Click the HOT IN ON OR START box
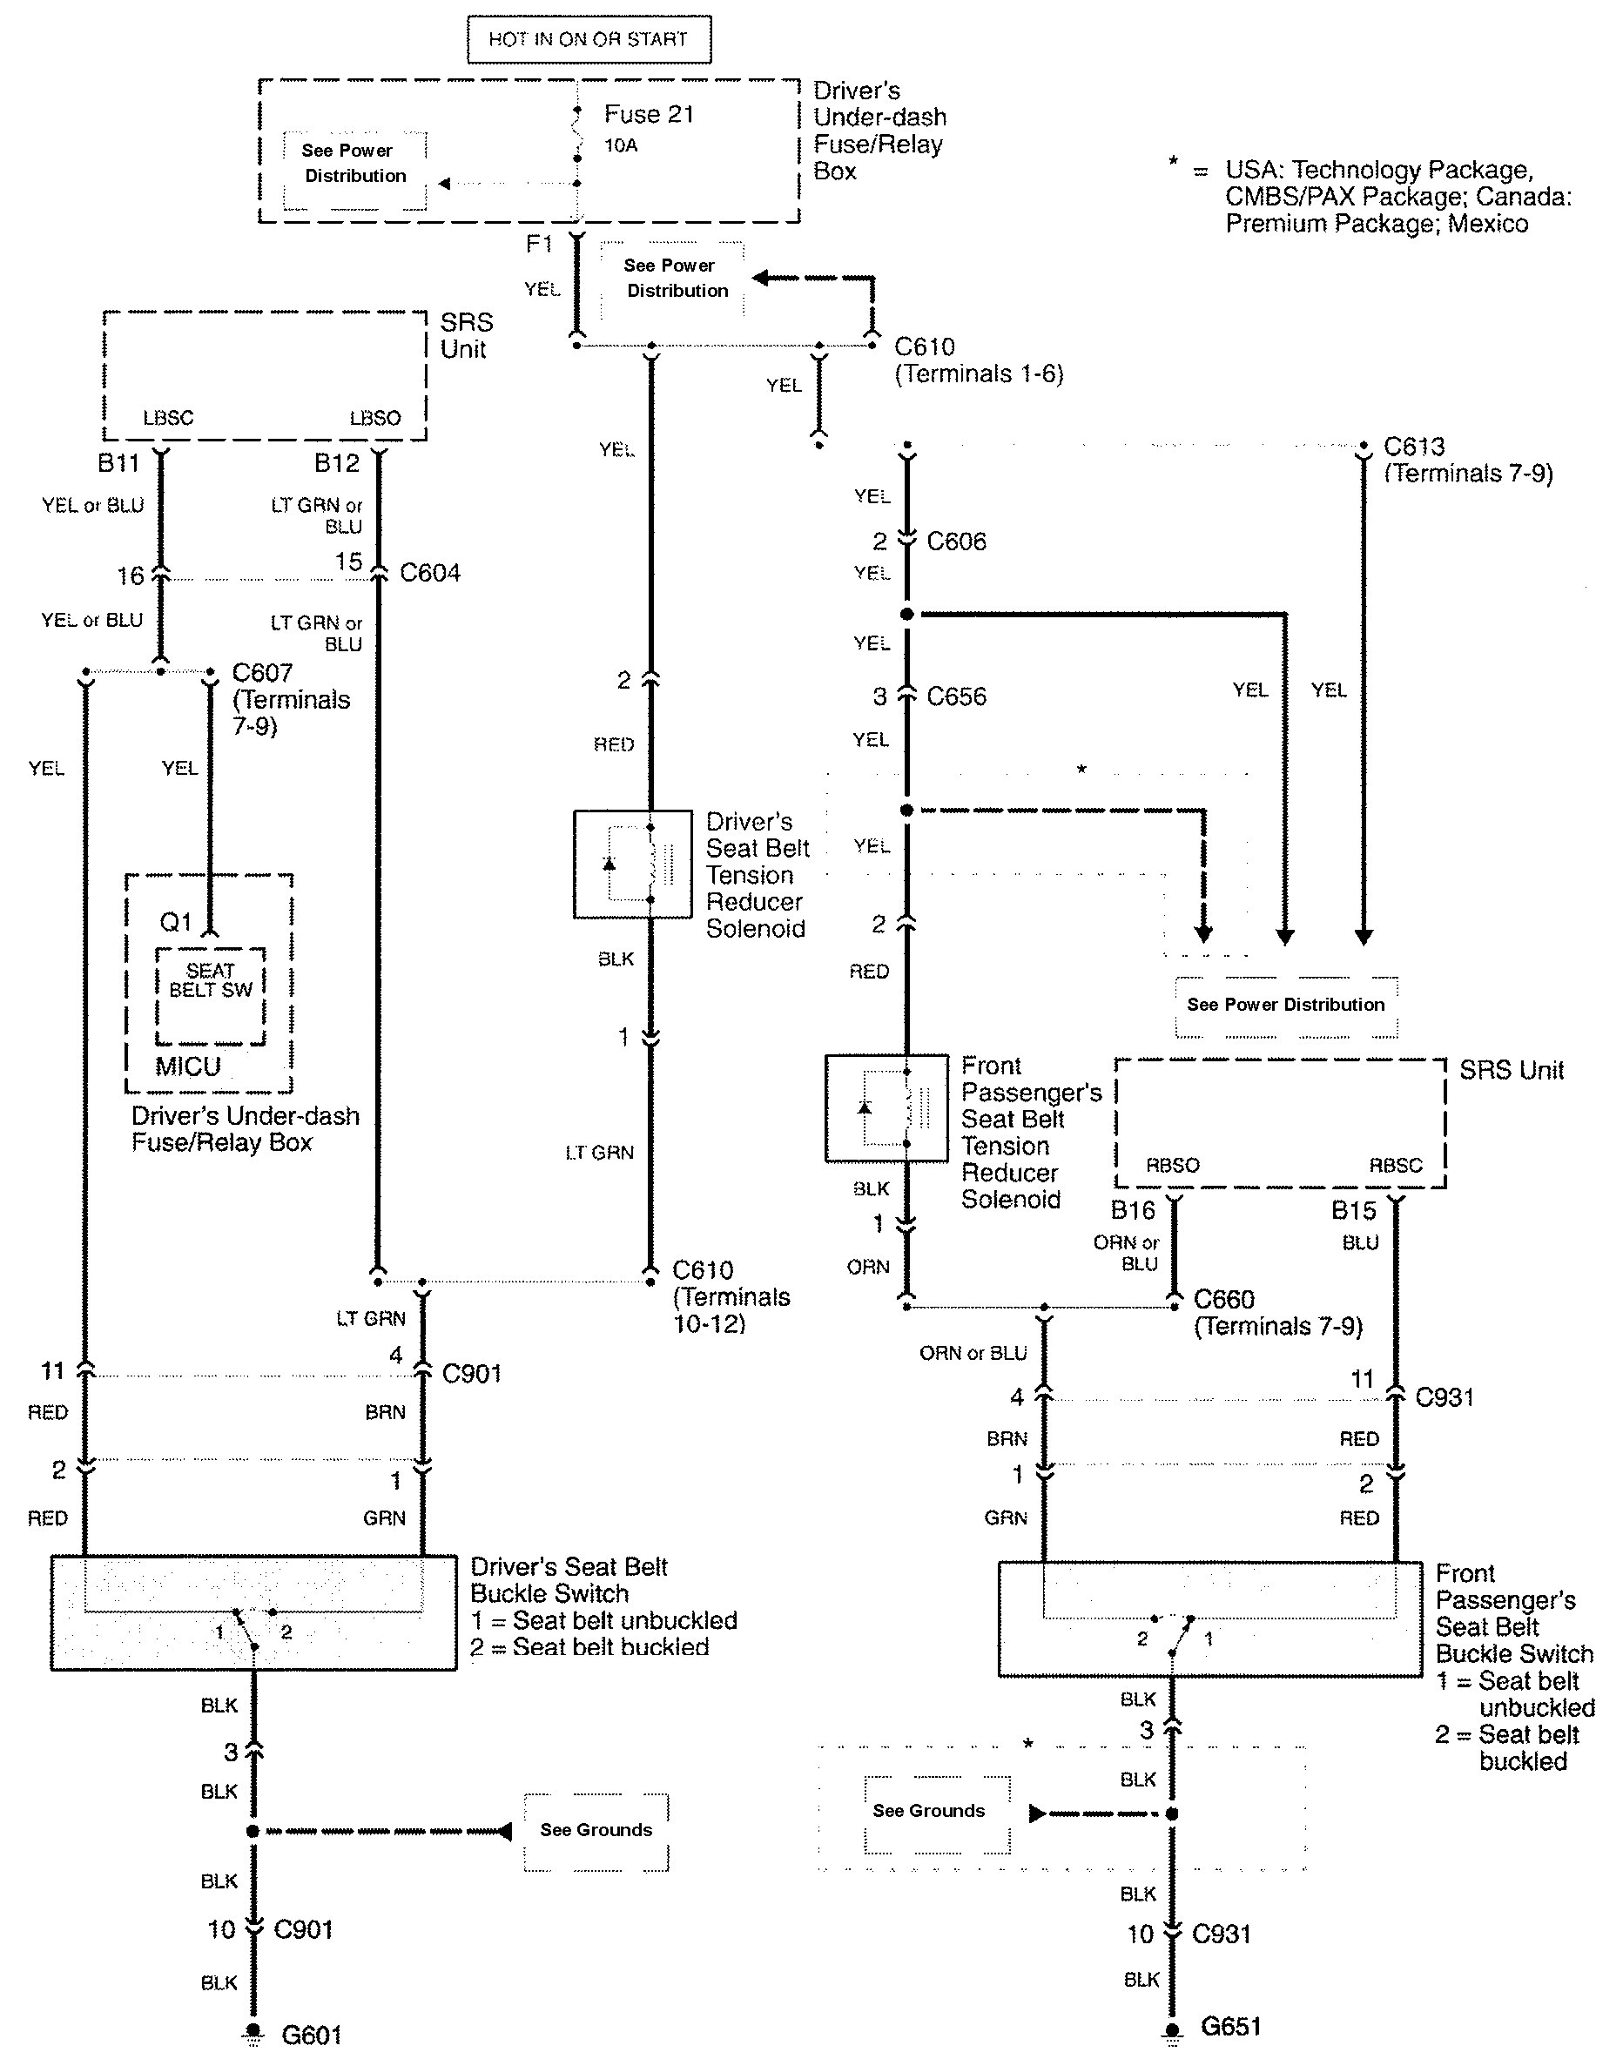[x=589, y=39]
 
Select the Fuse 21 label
[x=649, y=115]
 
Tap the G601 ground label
[x=312, y=2035]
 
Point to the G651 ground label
[x=1230, y=2027]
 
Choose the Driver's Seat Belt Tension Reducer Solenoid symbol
[x=633, y=864]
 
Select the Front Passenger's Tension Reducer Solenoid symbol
[x=886, y=1108]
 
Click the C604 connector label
[x=429, y=573]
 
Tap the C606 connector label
[x=956, y=542]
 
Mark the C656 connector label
[x=956, y=696]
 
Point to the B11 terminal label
[x=118, y=462]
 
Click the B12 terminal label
[x=337, y=462]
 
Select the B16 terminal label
[x=1133, y=1210]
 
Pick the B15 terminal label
[x=1353, y=1210]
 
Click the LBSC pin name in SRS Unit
[x=168, y=418]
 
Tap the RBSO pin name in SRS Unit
[x=1173, y=1165]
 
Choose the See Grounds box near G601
[x=596, y=1830]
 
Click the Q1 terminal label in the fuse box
[x=176, y=922]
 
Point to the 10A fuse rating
[x=621, y=145]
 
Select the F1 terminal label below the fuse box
[x=539, y=244]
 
